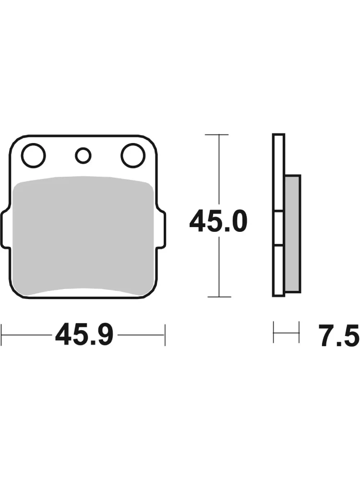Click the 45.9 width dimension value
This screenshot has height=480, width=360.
click(x=84, y=335)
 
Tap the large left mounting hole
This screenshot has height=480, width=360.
click(x=34, y=156)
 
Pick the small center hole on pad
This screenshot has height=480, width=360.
click(x=83, y=156)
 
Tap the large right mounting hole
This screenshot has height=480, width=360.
click(x=133, y=156)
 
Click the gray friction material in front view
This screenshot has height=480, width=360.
click(x=84, y=236)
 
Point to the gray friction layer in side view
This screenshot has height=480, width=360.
click(x=292, y=234)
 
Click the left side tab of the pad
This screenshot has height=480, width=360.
click(x=5, y=227)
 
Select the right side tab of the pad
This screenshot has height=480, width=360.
click(x=163, y=227)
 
